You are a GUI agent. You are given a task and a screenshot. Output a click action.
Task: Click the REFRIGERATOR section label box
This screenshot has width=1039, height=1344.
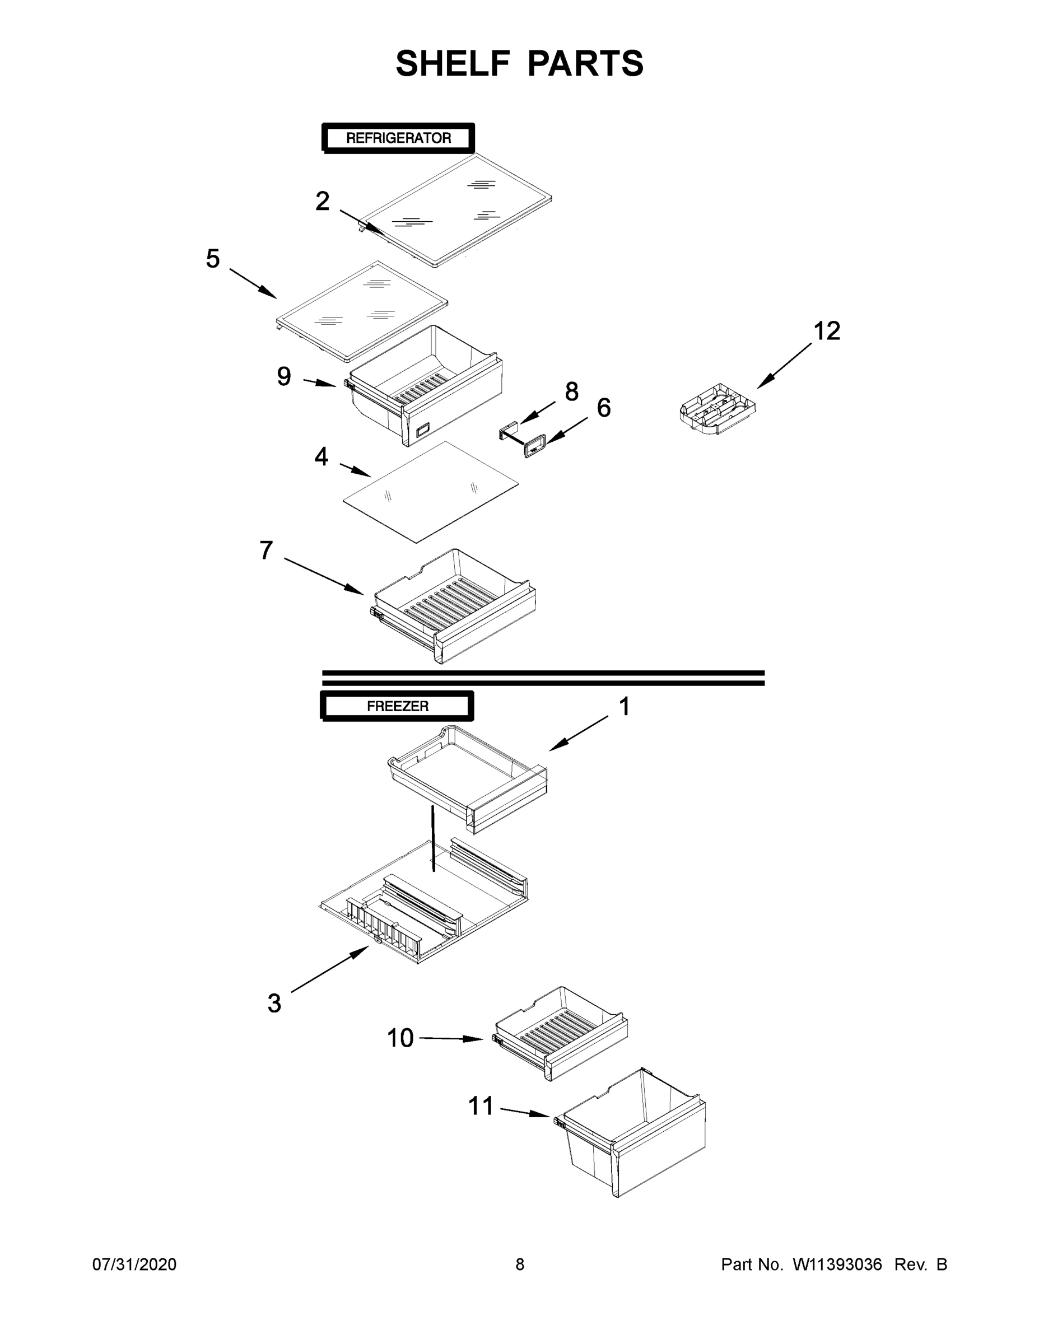click(398, 138)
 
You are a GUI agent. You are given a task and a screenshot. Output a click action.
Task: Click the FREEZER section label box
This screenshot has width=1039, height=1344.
click(397, 706)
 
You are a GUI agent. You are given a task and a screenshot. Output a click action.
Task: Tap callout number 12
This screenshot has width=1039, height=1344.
click(827, 331)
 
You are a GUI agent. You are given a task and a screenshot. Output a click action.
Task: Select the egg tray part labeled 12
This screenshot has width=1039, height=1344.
click(717, 409)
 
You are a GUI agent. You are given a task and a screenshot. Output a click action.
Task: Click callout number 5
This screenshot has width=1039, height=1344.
click(212, 259)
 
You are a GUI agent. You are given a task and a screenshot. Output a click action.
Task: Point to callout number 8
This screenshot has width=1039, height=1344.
click(571, 391)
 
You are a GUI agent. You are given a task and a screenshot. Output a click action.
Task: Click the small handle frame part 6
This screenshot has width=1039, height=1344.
click(534, 444)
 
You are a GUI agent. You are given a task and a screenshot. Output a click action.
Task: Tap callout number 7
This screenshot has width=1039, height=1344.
click(266, 550)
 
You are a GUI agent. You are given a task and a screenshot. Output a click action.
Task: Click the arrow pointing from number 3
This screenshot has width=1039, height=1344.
click(329, 969)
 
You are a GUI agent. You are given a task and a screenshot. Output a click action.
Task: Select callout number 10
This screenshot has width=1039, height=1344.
click(400, 1038)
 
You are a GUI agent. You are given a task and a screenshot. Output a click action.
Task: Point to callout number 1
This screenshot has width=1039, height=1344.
click(624, 707)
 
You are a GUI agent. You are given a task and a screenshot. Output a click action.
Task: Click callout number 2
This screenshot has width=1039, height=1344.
click(322, 201)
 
